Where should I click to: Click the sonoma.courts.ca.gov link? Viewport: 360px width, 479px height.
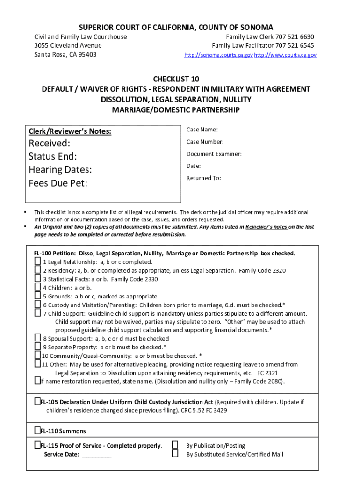click(x=218, y=55)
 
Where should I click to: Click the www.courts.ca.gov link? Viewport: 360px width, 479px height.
click(x=285, y=55)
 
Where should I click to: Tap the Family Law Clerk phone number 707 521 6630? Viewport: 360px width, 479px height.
click(x=295, y=37)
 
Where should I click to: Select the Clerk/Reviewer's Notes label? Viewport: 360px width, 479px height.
click(x=70, y=131)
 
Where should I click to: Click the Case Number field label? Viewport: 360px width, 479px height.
click(x=205, y=142)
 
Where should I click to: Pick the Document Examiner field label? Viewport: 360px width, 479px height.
click(x=214, y=154)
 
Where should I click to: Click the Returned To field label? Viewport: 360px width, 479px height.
click(x=203, y=178)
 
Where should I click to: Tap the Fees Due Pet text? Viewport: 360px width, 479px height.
click(x=58, y=183)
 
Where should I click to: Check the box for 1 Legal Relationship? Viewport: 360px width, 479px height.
click(x=37, y=261)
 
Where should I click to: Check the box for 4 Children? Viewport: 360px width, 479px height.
click(x=37, y=287)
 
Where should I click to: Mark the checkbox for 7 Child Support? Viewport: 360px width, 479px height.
click(x=37, y=313)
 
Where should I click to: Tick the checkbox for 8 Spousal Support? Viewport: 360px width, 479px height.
click(x=37, y=338)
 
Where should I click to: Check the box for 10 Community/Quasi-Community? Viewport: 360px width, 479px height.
click(x=37, y=356)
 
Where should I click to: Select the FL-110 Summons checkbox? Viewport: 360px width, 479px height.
click(x=37, y=430)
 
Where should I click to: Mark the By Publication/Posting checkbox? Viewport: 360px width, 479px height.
click(x=175, y=445)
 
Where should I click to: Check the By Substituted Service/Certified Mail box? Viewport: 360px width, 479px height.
click(x=175, y=453)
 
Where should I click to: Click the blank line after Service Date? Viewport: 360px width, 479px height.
click(x=97, y=454)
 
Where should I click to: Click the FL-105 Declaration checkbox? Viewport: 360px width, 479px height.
click(x=37, y=402)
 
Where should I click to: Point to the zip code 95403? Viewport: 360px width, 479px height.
click(x=86, y=55)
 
